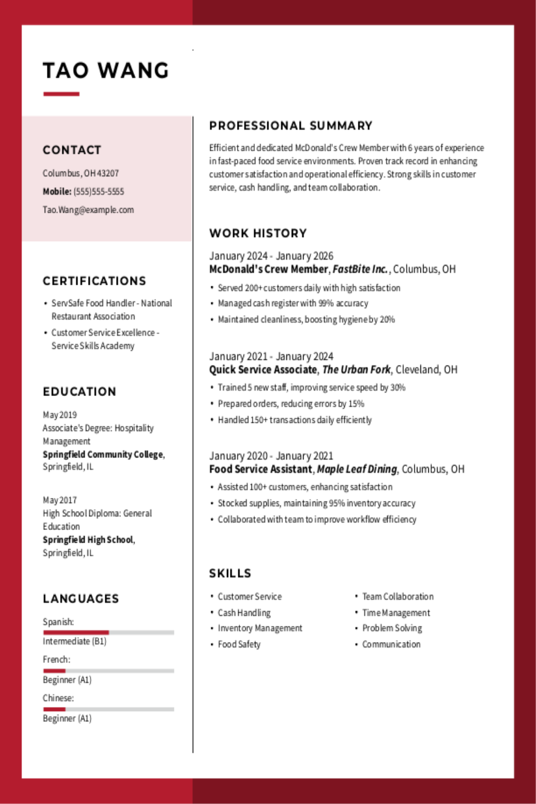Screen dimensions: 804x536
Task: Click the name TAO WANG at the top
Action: click(x=106, y=71)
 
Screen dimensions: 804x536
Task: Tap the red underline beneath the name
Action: click(x=61, y=94)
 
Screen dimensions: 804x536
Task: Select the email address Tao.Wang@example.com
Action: click(x=88, y=210)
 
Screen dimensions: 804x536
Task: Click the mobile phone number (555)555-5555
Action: click(x=99, y=191)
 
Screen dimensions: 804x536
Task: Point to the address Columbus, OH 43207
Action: click(x=80, y=173)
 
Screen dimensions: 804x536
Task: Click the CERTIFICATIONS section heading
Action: click(x=94, y=281)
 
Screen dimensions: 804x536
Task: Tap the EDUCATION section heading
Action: click(x=79, y=392)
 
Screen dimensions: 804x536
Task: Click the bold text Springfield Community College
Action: click(x=102, y=454)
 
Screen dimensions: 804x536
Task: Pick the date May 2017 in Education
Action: click(x=60, y=500)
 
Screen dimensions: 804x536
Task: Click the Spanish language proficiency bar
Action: click(x=108, y=632)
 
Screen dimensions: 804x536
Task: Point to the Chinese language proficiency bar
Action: click(x=108, y=709)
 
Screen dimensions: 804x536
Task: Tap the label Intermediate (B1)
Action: click(x=74, y=641)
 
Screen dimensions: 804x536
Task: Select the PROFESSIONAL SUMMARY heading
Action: click(x=291, y=126)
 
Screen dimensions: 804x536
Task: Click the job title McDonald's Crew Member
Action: click(x=268, y=269)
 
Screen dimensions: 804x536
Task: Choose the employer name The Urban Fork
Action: click(x=356, y=369)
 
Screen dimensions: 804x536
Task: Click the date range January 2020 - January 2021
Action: click(x=271, y=456)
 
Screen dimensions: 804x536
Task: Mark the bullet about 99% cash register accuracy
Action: click(x=292, y=303)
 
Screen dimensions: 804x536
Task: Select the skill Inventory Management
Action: click(x=260, y=628)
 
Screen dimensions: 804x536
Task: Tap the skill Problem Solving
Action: click(x=392, y=628)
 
